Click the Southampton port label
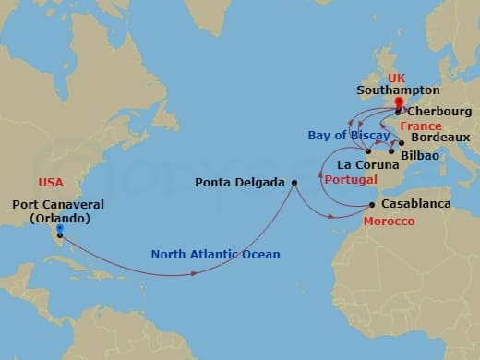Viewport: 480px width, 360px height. click(399, 91)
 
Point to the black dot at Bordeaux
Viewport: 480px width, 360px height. click(402, 142)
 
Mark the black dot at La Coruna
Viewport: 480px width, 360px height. click(368, 150)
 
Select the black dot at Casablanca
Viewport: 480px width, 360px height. click(372, 205)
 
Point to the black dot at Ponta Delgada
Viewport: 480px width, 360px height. click(294, 183)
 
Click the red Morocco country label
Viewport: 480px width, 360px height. click(387, 222)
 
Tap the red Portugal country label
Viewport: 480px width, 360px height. click(351, 181)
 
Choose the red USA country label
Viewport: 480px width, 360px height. click(51, 183)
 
